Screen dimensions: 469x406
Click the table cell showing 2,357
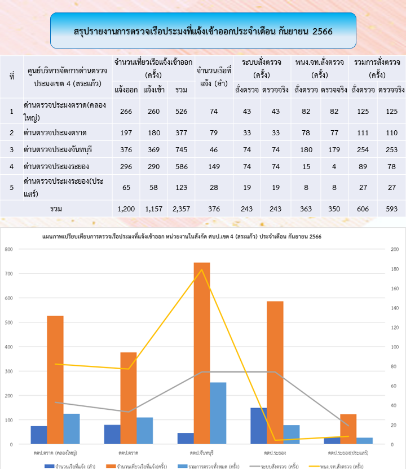pyautogui.click(x=181, y=209)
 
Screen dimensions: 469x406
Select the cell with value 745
pyautogui.click(x=181, y=149)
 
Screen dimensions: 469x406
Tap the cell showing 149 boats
pyautogui.click(x=213, y=166)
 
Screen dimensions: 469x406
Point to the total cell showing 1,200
pyautogui.click(x=126, y=209)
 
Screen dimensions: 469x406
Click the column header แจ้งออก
pyautogui.click(x=126, y=89)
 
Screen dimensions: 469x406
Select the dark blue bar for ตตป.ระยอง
pyautogui.click(x=259, y=426)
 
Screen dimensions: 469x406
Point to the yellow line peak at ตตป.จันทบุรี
pyautogui.click(x=202, y=269)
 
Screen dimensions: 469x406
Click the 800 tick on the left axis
pyautogui.click(x=10, y=249)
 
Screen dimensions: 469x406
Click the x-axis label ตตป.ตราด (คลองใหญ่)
pyautogui.click(x=55, y=453)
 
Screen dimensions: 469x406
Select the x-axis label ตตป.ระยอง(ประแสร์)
pyautogui.click(x=348, y=453)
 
